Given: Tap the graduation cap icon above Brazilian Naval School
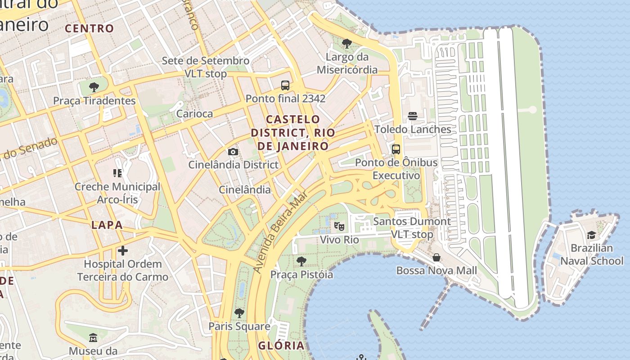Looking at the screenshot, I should coord(591,235).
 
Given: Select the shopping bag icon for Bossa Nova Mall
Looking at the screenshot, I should coord(436,257).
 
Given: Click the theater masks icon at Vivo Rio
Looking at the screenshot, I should coord(339,226).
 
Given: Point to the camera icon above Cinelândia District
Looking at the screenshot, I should coord(233,152).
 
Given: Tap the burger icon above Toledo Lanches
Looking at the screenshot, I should coord(412,116).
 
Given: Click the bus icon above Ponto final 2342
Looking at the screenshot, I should coord(285,85).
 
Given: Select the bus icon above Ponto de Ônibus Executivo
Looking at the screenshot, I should coord(396,149).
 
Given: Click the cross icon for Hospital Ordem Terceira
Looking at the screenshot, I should coord(122,251).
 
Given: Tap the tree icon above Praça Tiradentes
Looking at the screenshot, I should coord(94,87).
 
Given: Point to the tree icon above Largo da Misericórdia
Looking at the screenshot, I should coord(346,44).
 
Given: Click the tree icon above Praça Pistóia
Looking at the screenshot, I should coord(301,261).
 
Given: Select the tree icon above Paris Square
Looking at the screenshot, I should coord(239,313).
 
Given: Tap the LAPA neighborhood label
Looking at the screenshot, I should coord(107,225).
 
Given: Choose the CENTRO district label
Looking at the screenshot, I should coord(90,28).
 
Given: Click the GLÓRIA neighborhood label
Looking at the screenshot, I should coord(281,346).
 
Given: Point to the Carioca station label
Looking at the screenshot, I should coord(194,113).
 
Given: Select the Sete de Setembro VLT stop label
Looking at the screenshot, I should coord(205,67).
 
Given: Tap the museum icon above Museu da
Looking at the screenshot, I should coord(93,337).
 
